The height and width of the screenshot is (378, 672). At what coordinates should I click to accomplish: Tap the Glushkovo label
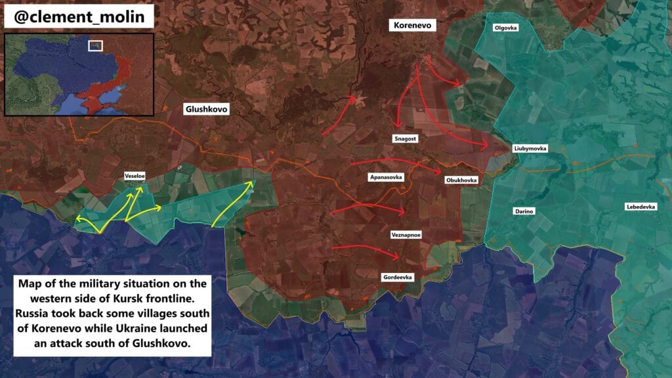pyautogui.click(x=207, y=110)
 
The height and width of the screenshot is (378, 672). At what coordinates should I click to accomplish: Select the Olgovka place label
pyautogui.click(x=506, y=28)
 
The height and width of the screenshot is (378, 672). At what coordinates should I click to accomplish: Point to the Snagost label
pyautogui.click(x=405, y=138)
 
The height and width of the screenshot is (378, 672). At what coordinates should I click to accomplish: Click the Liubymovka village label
pyautogui.click(x=530, y=149)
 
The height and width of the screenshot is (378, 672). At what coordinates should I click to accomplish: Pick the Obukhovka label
pyautogui.click(x=461, y=180)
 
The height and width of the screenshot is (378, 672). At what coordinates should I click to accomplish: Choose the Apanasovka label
pyautogui.click(x=386, y=177)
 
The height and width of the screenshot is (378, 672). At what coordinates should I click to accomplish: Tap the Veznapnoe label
pyautogui.click(x=406, y=234)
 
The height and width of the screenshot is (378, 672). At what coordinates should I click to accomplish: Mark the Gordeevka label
pyautogui.click(x=398, y=278)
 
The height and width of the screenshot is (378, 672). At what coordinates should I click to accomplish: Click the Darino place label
pyautogui.click(x=524, y=211)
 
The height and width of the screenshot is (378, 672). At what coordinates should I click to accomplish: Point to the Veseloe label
pyautogui.click(x=135, y=176)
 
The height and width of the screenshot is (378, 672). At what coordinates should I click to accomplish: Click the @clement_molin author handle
pyautogui.click(x=79, y=16)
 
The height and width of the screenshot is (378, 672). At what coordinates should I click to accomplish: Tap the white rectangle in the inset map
pyautogui.click(x=96, y=45)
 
